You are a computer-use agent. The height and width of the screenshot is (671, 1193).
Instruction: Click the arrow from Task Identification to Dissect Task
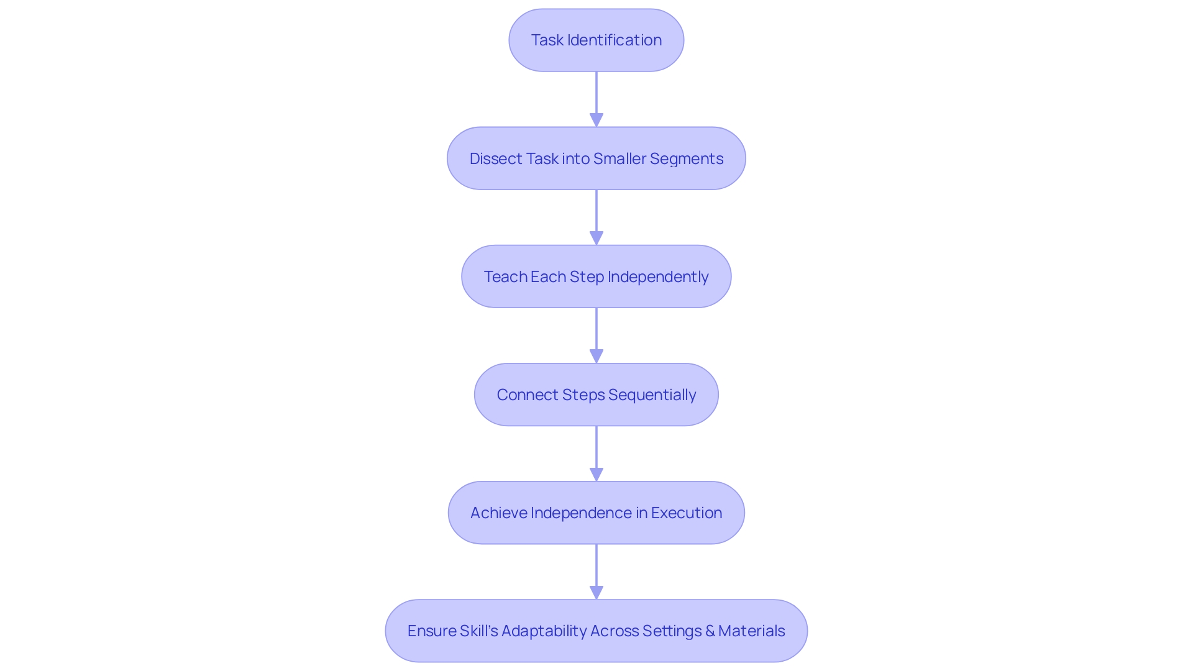tap(596, 98)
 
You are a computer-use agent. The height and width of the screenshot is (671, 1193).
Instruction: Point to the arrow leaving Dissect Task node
tap(596, 216)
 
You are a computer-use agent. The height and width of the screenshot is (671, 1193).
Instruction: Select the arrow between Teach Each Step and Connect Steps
tap(596, 334)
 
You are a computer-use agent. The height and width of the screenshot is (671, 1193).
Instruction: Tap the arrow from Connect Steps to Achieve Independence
tap(596, 452)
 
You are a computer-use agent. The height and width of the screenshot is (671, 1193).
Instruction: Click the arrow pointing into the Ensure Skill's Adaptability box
tap(596, 570)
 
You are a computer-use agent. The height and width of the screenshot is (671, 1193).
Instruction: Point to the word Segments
tap(686, 159)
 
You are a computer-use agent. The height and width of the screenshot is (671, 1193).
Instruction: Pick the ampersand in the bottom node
tap(710, 631)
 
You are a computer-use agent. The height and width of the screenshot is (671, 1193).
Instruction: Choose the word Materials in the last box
tap(751, 631)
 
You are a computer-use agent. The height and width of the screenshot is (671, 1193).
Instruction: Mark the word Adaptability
tap(544, 631)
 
